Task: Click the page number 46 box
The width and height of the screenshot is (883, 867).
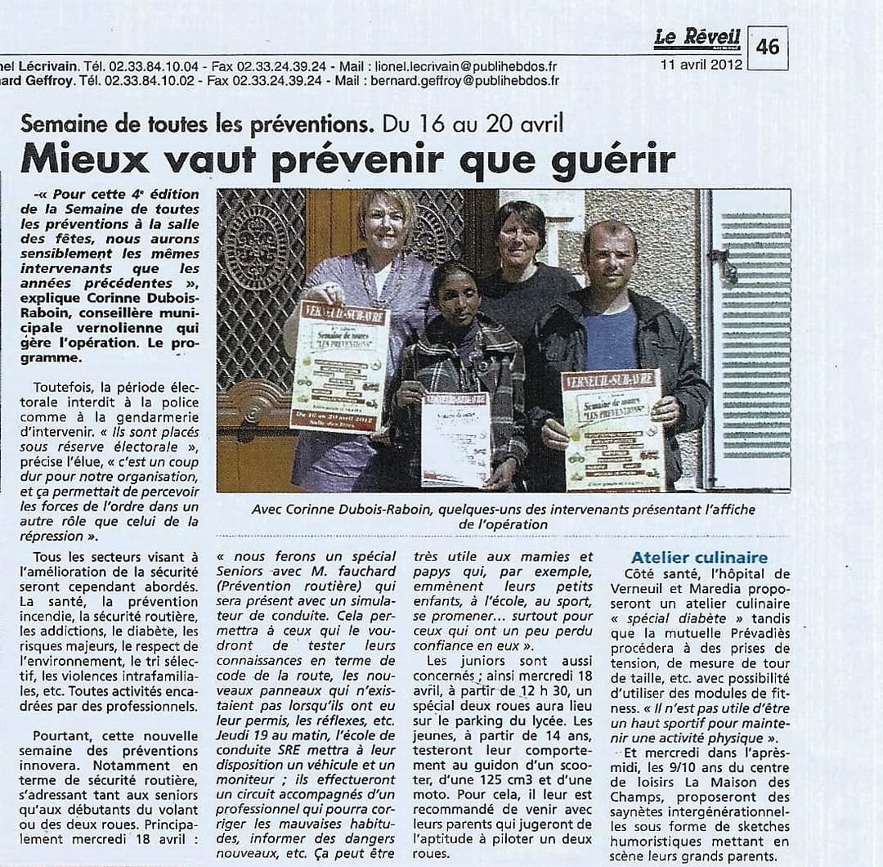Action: coord(768,47)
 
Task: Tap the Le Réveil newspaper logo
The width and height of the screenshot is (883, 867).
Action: coord(697,38)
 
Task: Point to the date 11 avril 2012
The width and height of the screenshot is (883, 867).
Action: coord(701,65)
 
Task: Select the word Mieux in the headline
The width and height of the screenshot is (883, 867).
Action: coord(85,158)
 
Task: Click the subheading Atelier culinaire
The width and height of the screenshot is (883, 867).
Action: coord(699,558)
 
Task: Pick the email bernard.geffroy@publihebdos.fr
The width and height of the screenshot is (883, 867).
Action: coord(464,80)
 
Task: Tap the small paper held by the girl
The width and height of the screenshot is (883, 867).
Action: coord(455,438)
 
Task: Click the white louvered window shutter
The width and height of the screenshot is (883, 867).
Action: coord(755,335)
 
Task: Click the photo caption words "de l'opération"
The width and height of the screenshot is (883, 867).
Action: coord(503,524)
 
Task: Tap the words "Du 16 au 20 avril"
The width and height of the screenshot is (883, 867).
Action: coord(473,124)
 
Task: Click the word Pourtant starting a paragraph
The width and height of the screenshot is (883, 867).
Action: coord(61,736)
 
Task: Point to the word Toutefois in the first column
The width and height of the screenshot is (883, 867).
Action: coord(64,386)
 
